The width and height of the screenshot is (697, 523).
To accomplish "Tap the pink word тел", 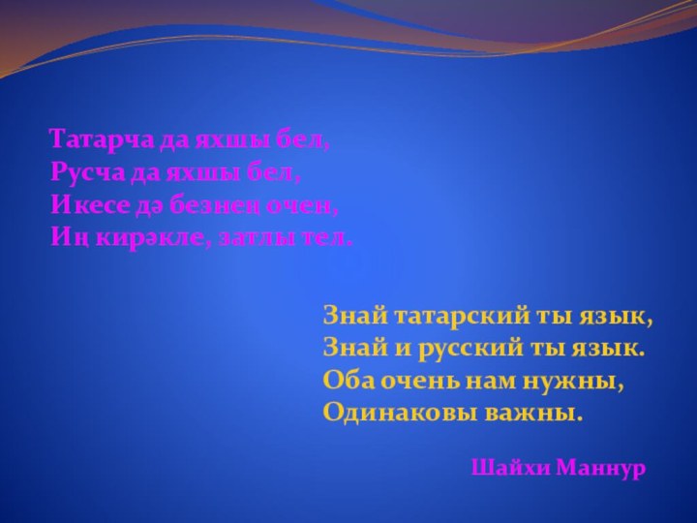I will point(331,236).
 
